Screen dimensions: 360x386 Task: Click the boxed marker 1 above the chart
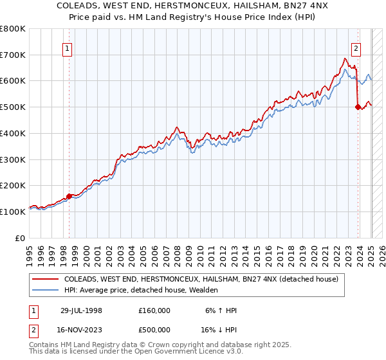(68, 47)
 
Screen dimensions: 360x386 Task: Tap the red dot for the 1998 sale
(69, 197)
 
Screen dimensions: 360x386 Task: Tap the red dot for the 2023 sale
(358, 107)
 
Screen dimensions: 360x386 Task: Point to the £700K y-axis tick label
(13, 55)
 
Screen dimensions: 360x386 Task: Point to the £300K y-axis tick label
(13, 159)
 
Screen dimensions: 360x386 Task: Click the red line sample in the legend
(45, 279)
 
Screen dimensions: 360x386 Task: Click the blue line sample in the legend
(45, 291)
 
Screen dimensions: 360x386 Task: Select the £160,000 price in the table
(154, 310)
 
